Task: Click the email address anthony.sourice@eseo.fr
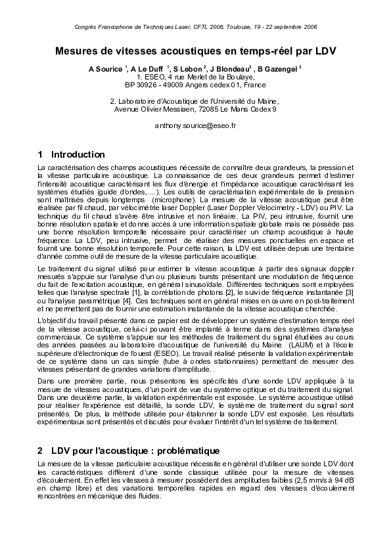195,125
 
